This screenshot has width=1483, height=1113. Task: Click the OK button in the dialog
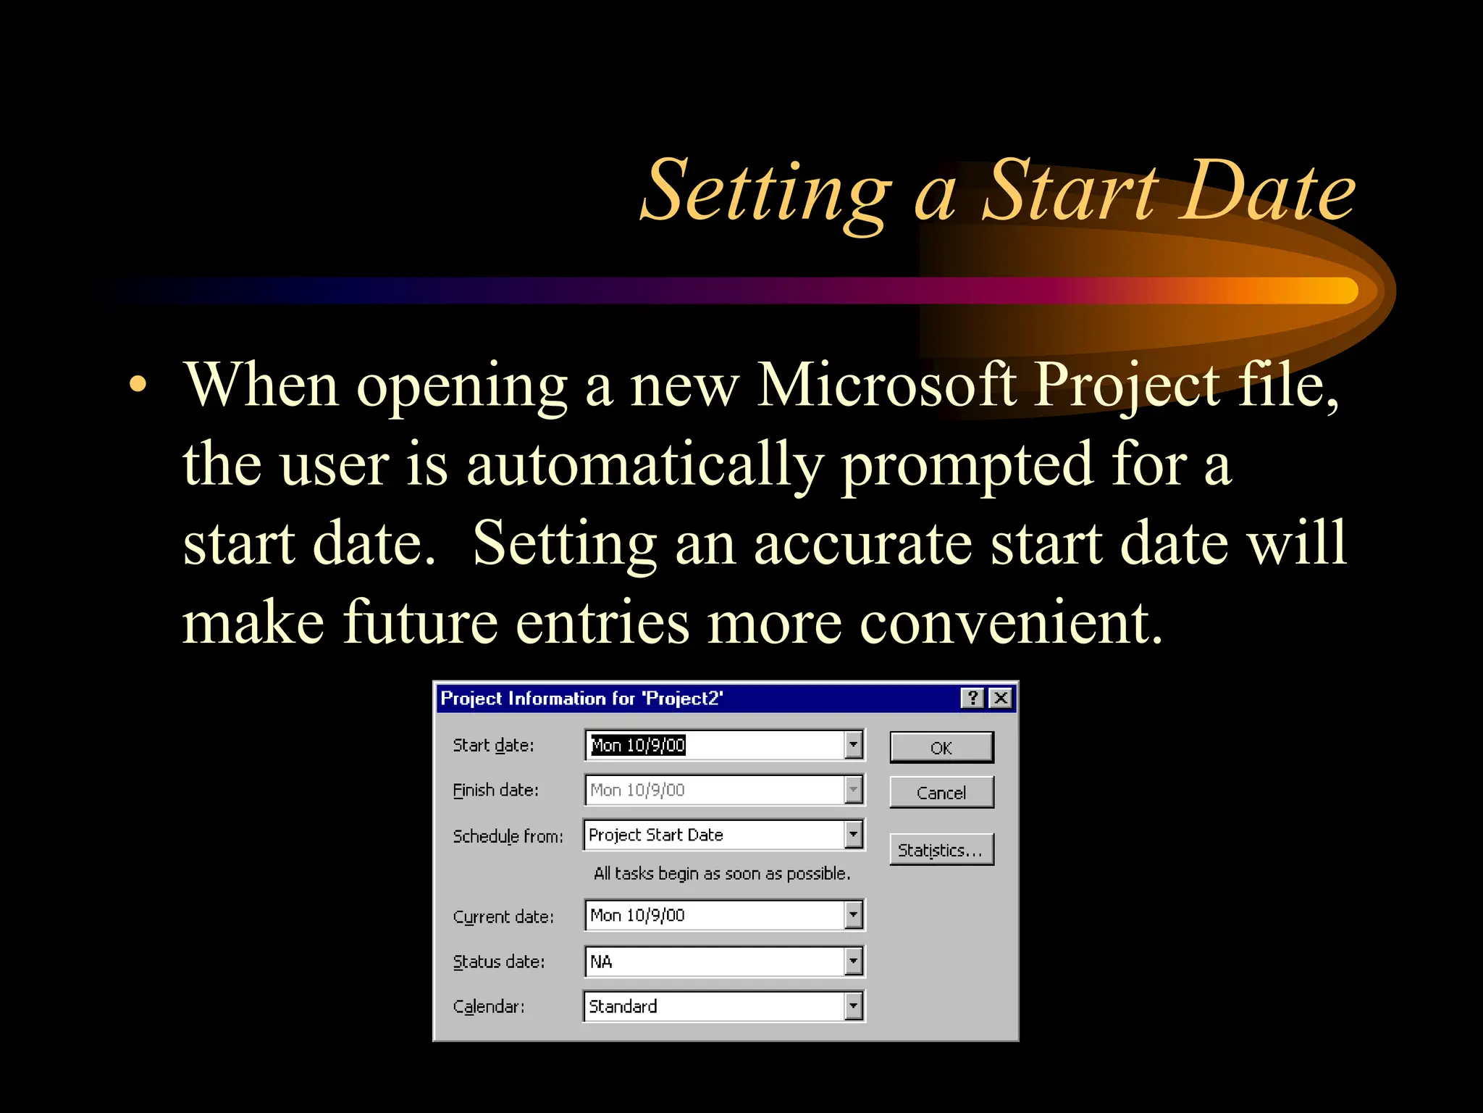pyautogui.click(x=941, y=747)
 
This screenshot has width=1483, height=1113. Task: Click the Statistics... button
pyautogui.click(x=941, y=849)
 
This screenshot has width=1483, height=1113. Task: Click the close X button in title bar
pyautogui.click(x=1001, y=698)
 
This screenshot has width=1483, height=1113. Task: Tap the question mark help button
pyautogui.click(x=973, y=698)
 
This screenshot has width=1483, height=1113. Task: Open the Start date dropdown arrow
pyautogui.click(x=854, y=744)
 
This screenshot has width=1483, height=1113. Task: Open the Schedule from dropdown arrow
pyautogui.click(x=854, y=835)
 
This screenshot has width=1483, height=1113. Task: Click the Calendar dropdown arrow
pyautogui.click(x=854, y=1006)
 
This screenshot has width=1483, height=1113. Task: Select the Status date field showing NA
pyautogui.click(x=713, y=962)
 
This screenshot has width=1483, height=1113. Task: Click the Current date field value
pyautogui.click(x=637, y=915)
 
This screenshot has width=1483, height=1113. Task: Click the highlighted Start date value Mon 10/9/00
pyautogui.click(x=637, y=745)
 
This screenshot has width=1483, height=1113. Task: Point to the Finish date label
pyautogui.click(x=495, y=790)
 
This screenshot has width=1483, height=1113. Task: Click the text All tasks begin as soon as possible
pyautogui.click(x=721, y=873)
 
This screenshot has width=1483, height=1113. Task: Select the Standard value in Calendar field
pyautogui.click(x=623, y=1006)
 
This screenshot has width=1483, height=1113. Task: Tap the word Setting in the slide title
pyautogui.click(x=765, y=192)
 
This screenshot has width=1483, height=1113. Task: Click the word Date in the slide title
pyautogui.click(x=1267, y=191)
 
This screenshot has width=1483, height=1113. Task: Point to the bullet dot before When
pyautogui.click(x=137, y=385)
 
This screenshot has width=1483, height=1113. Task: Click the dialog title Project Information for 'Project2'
pyautogui.click(x=581, y=698)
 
